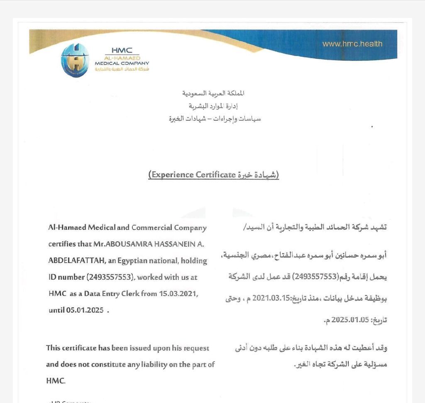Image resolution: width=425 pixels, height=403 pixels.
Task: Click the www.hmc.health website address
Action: pos(352,44)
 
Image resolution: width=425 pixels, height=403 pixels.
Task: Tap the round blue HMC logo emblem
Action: pos(75,60)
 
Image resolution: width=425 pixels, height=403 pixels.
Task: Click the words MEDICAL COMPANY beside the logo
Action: pos(122,63)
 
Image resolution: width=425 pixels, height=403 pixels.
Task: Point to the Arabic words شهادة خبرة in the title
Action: pos(256,175)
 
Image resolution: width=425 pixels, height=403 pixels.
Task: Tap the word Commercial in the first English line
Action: pos(152,228)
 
